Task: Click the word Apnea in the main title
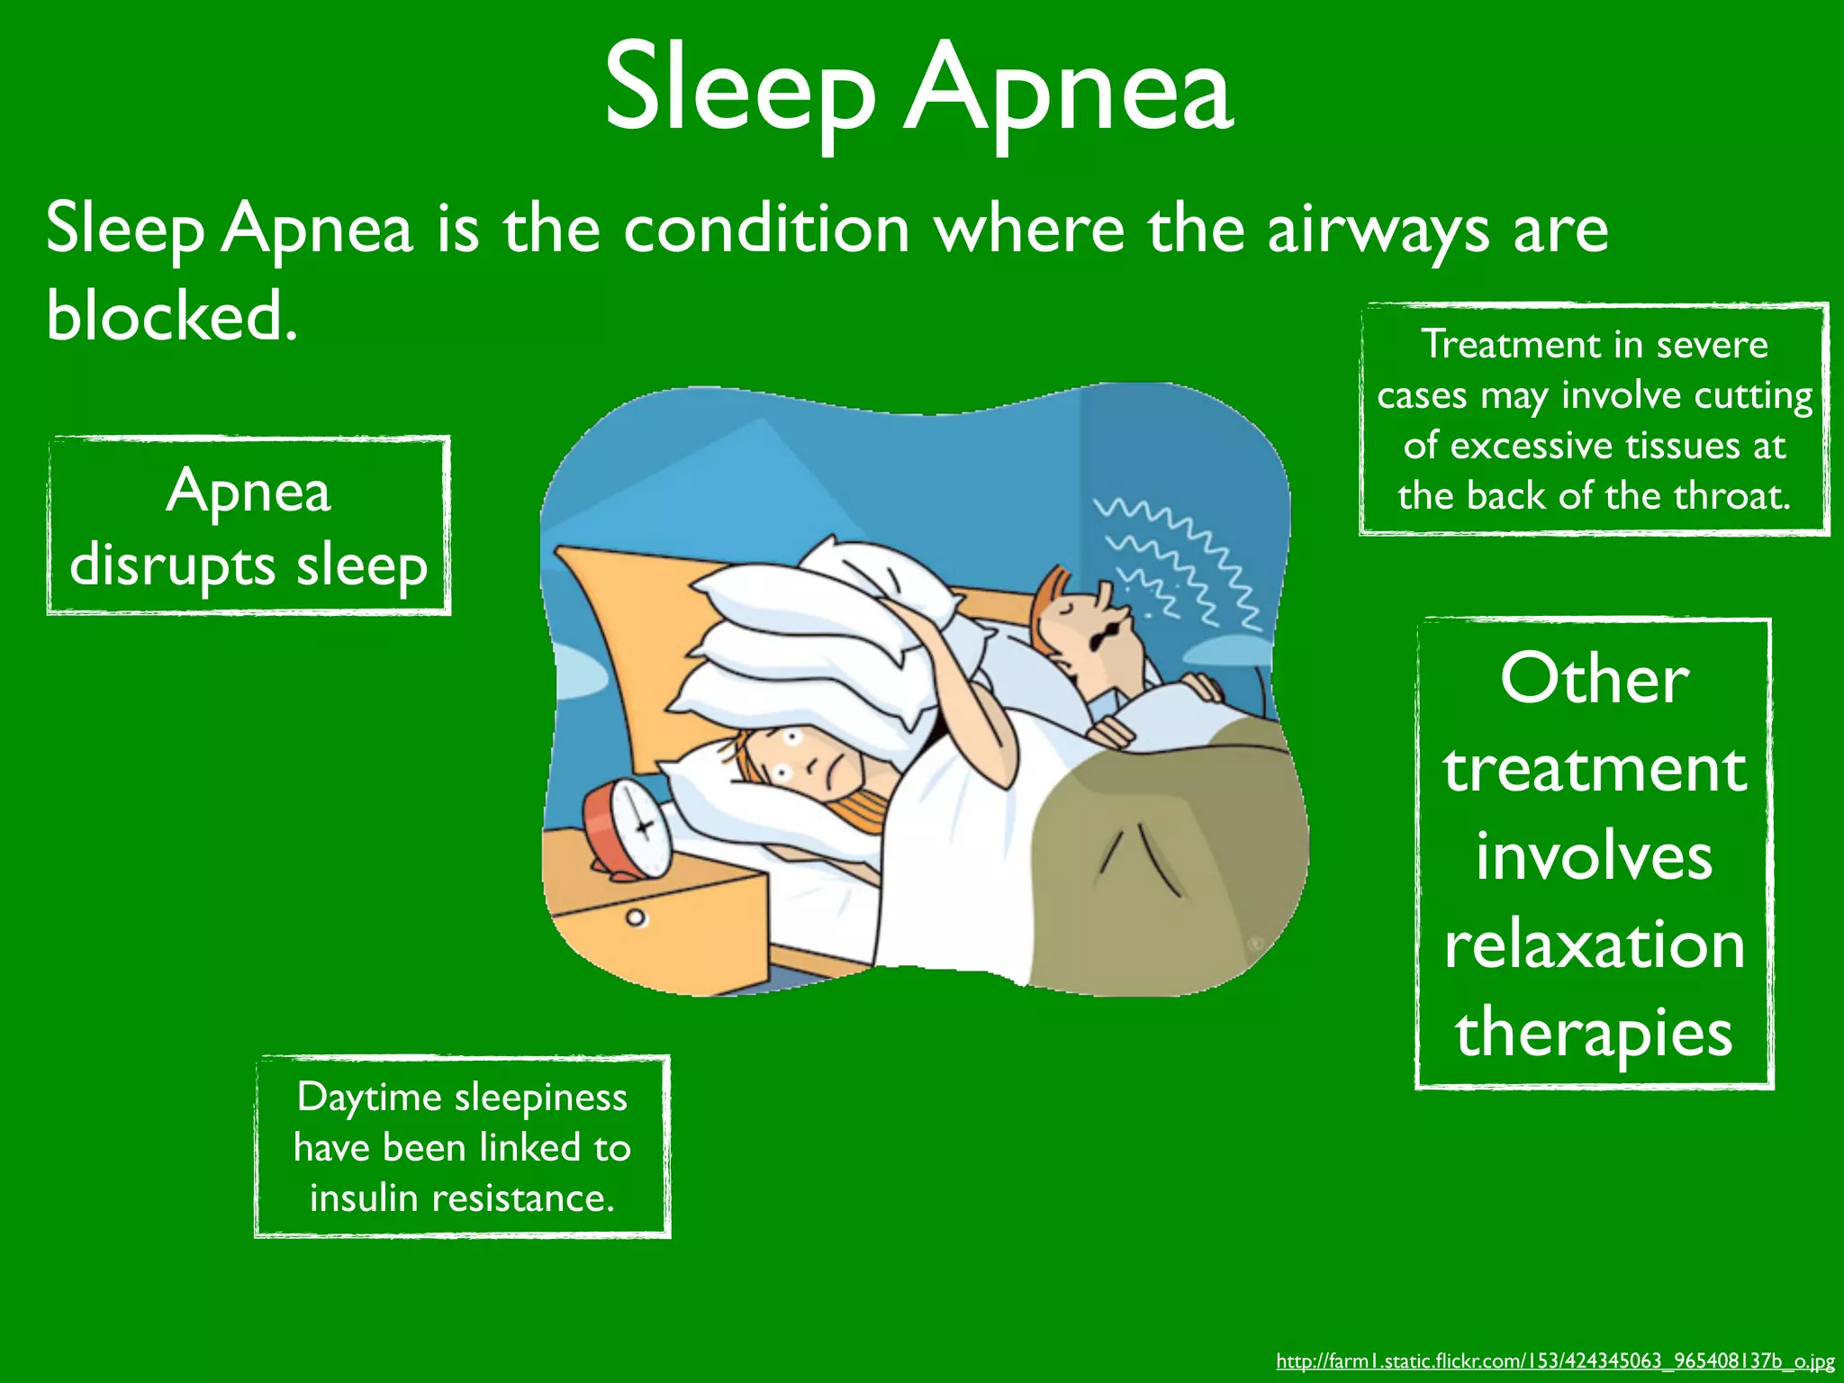coord(1069,90)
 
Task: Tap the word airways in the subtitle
coord(1378,230)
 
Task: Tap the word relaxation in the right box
coord(1595,945)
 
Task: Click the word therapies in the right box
coord(1594,1034)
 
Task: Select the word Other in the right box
coord(1594,679)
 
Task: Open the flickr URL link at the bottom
coord(1555,1360)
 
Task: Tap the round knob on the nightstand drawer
coord(637,918)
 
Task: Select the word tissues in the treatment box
coord(1683,447)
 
